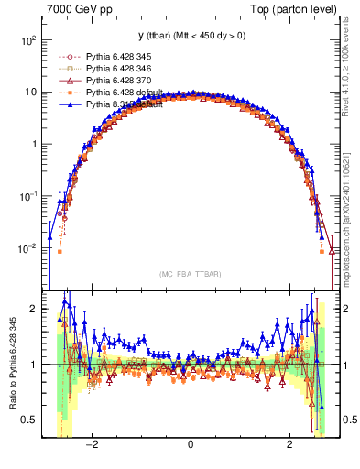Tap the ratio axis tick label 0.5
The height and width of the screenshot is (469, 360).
pyautogui.click(x=28, y=420)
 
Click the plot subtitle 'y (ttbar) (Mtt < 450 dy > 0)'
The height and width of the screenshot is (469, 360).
pyautogui.click(x=190, y=36)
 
